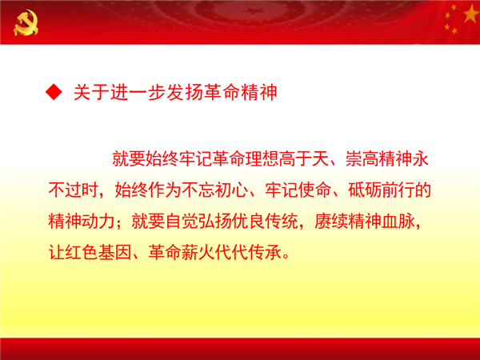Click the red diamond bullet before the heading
(x=54, y=92)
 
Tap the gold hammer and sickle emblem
(x=26, y=22)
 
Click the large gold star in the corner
(x=471, y=14)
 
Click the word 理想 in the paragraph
(x=262, y=159)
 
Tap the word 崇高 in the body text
(x=362, y=159)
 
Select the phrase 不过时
(x=73, y=190)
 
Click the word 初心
(x=231, y=190)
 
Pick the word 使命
(x=314, y=190)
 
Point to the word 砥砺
(x=365, y=190)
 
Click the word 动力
(x=98, y=222)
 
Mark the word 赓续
(x=331, y=222)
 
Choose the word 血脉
(x=398, y=222)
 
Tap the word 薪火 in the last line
(x=198, y=253)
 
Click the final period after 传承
(x=286, y=257)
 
